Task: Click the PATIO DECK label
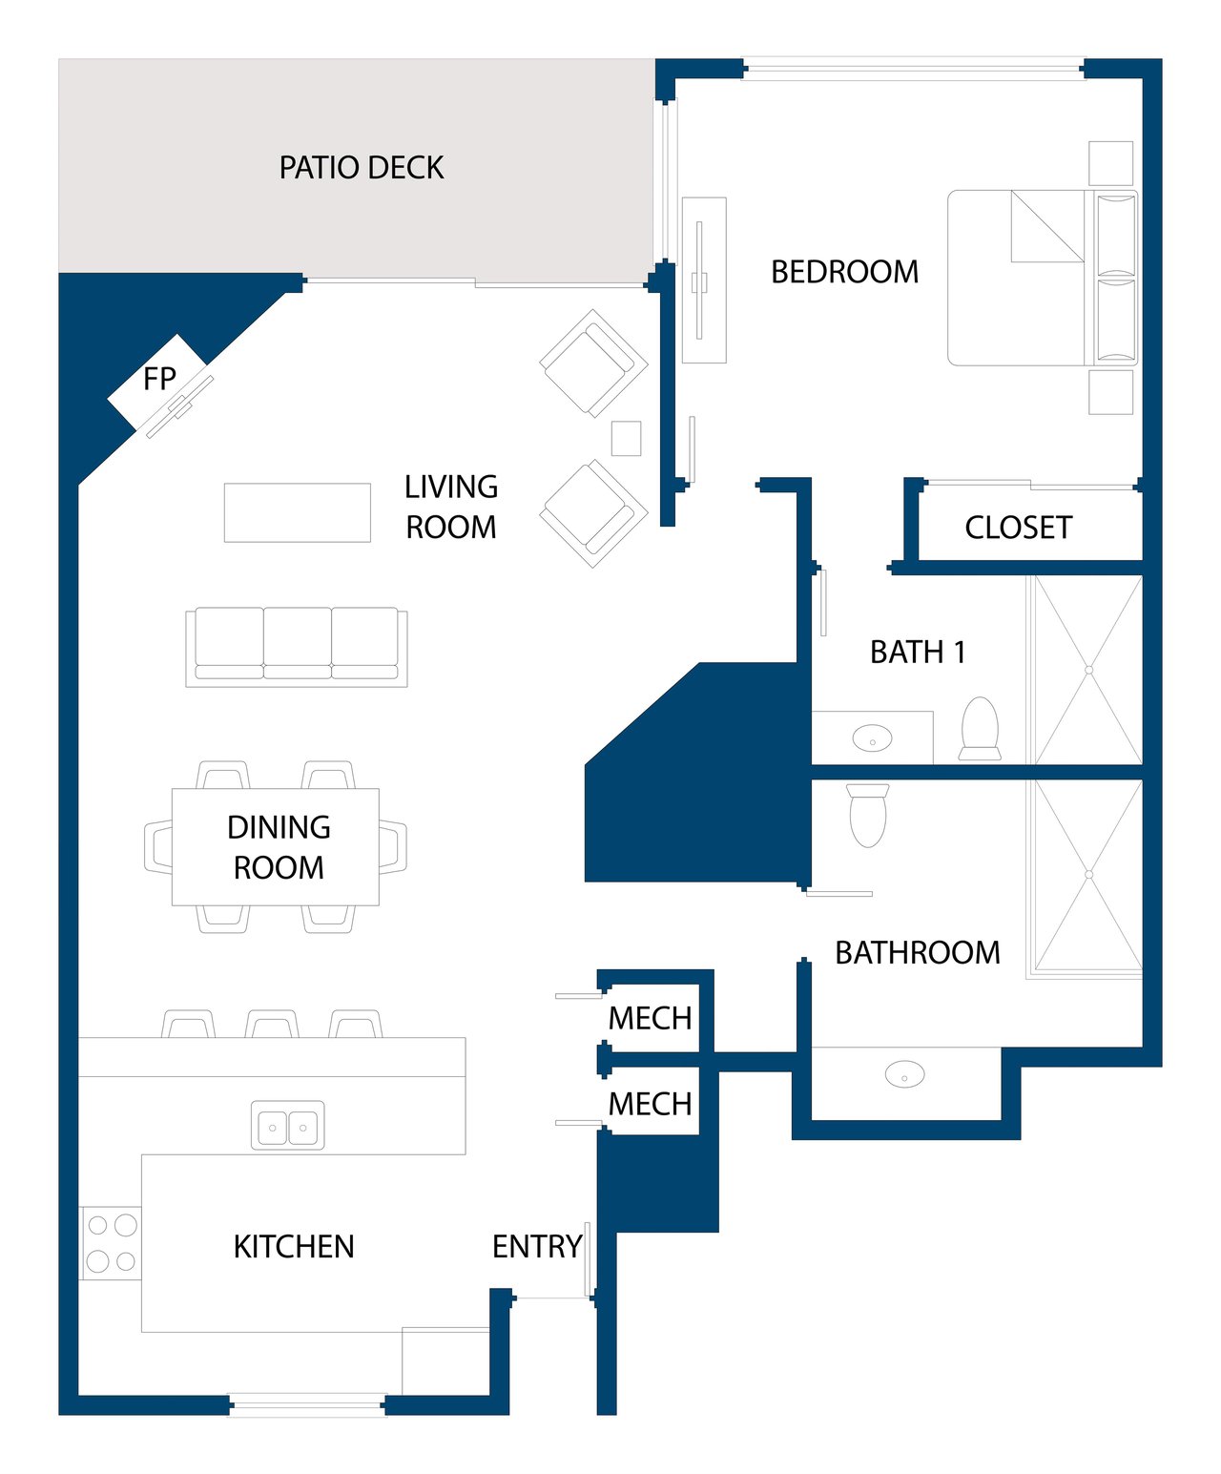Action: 362,168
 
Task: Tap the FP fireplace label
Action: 158,379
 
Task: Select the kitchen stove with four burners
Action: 112,1242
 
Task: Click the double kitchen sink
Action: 288,1125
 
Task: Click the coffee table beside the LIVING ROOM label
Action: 297,513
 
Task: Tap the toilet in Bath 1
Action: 980,729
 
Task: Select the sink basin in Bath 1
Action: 872,738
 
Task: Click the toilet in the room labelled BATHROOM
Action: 867,816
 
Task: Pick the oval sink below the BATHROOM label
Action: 905,1075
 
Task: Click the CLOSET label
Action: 1019,528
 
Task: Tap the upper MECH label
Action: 650,1019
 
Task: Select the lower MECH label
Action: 650,1104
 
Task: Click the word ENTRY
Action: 537,1247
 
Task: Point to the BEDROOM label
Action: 845,272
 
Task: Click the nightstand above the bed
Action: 1110,163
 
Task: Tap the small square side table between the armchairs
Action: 626,439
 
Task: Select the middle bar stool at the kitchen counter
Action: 272,1024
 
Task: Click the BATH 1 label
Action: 918,653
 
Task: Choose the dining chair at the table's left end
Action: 158,847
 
